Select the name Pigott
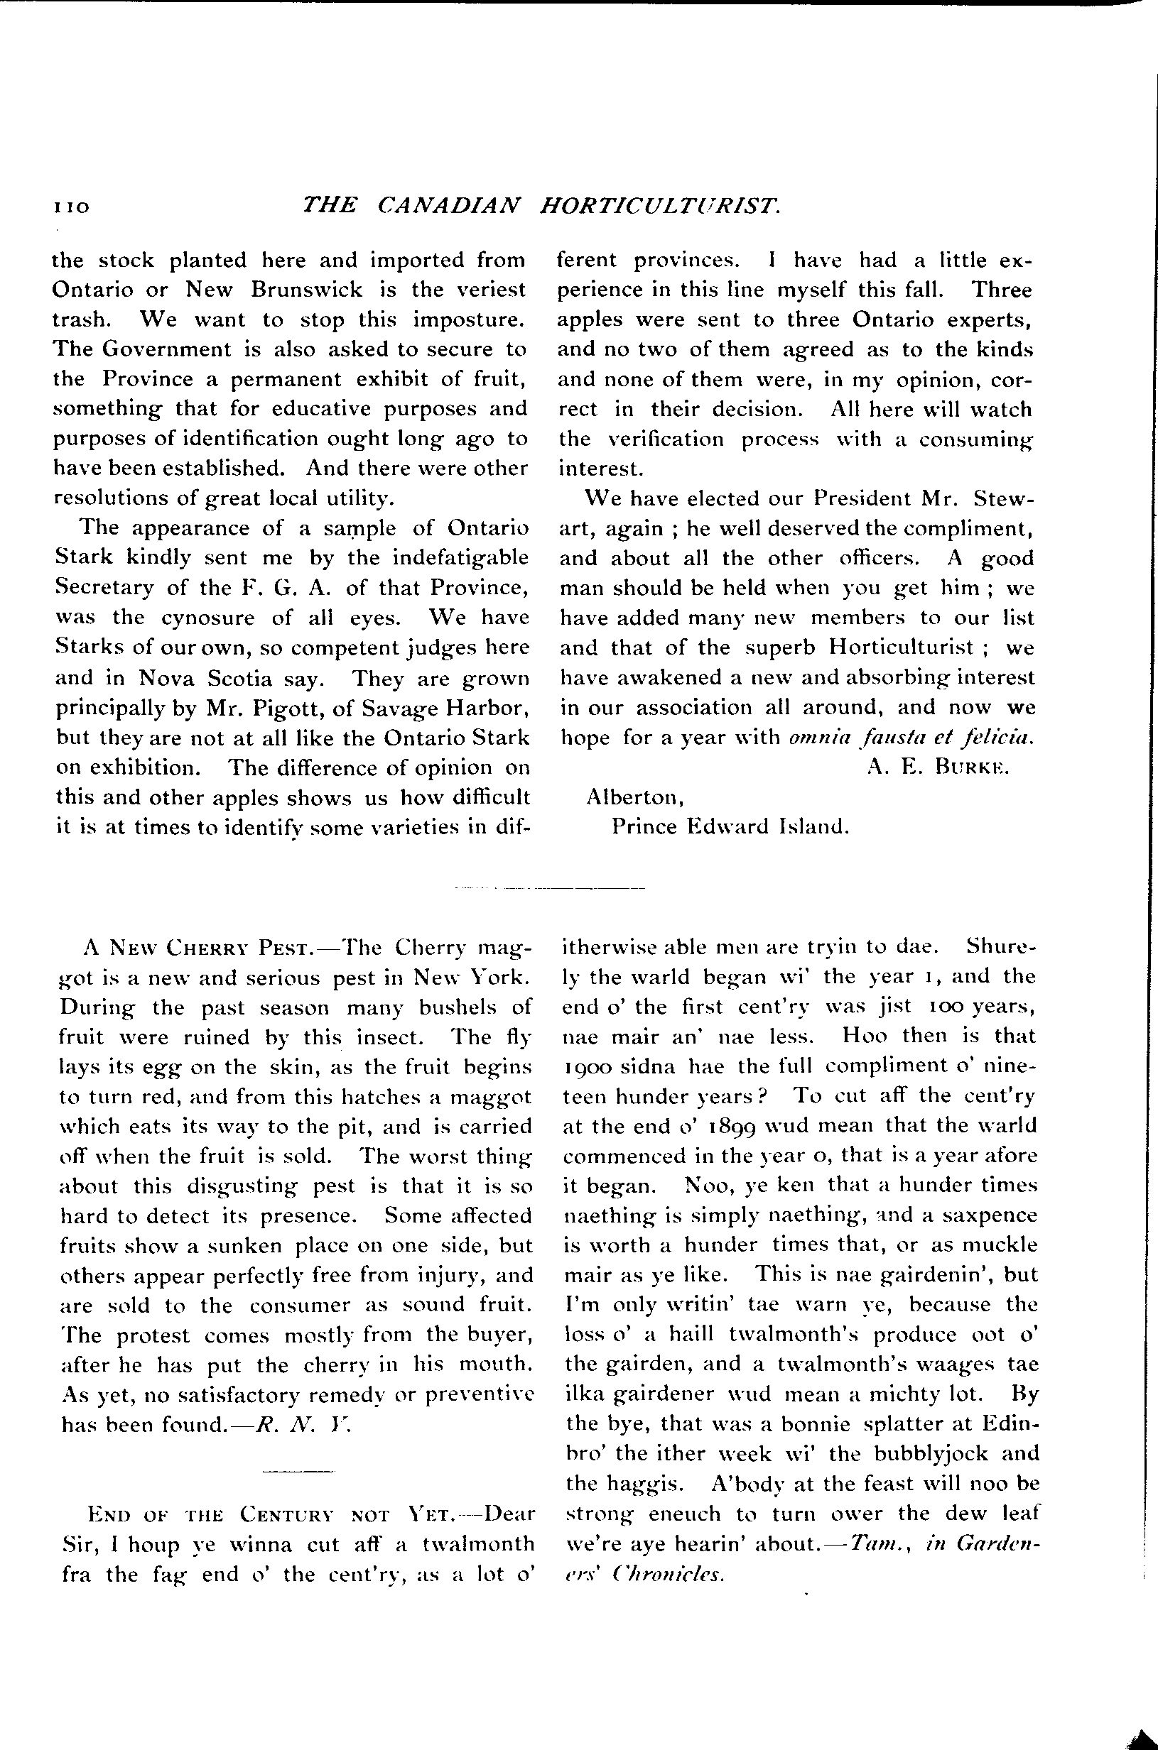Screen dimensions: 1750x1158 pyautogui.click(x=269, y=708)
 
